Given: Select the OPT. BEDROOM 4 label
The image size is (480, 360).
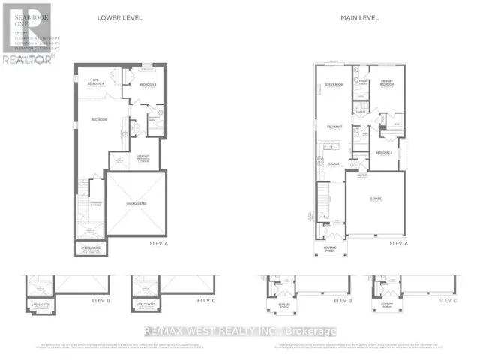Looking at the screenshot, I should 96,81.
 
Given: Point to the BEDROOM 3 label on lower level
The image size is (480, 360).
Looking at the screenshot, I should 148,85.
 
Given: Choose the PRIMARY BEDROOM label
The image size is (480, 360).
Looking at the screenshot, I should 387,84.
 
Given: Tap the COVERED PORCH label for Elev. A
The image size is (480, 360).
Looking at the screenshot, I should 331,248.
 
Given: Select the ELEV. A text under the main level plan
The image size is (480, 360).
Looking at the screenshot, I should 397,244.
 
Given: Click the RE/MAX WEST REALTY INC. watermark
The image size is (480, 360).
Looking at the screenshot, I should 239,331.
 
